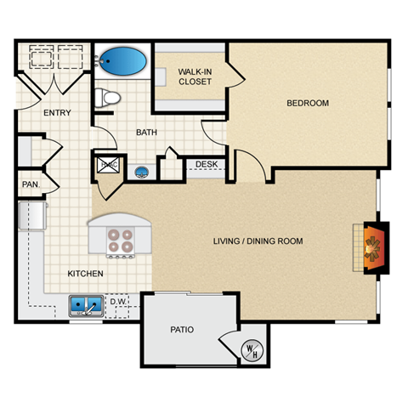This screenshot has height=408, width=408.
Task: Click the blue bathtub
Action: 121,61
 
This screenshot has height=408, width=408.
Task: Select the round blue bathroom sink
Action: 142,170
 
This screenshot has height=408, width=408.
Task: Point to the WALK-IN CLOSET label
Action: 195,76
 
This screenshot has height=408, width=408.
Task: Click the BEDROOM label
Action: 307,104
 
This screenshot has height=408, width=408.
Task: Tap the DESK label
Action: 207,164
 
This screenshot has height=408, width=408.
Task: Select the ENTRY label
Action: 57,113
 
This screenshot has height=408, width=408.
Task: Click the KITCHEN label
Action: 86,274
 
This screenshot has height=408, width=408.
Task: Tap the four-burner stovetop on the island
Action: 119,241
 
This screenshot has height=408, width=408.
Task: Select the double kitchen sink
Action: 87,304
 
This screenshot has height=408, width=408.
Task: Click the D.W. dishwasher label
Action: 117,302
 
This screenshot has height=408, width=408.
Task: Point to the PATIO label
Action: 182,329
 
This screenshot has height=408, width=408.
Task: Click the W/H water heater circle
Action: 252,349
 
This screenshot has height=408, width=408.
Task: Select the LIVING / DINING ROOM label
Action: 258,241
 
